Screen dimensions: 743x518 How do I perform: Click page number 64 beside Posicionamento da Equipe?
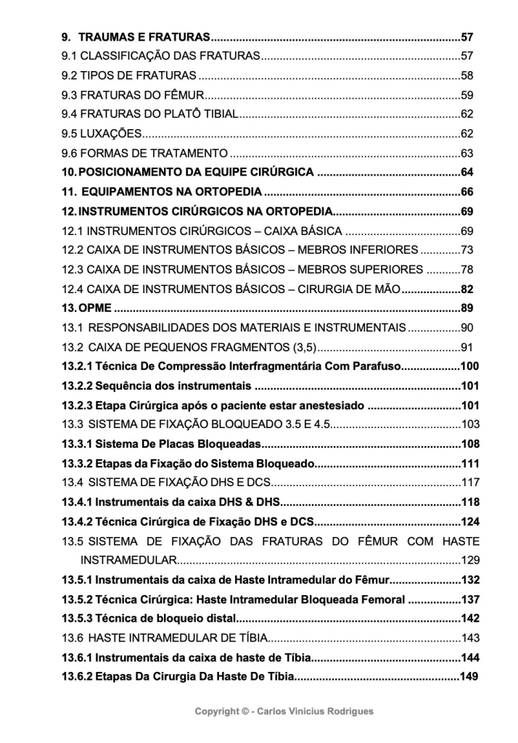[x=466, y=173]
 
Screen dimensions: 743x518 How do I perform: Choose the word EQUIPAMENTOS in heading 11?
[x=120, y=192]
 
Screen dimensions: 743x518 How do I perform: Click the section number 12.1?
[x=73, y=231]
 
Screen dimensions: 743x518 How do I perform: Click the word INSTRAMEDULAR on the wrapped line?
[x=128, y=560]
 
